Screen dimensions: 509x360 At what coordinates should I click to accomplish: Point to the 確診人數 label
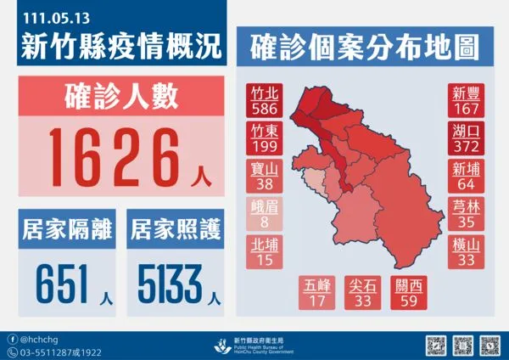pos(119,96)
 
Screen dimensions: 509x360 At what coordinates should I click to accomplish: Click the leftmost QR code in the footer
pos(435,346)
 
